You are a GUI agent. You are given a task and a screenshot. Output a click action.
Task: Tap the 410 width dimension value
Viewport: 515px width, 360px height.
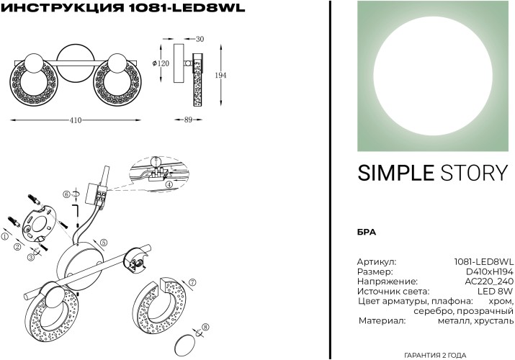[75, 120]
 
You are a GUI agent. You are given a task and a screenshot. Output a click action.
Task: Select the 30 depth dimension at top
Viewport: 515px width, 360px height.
[200, 39]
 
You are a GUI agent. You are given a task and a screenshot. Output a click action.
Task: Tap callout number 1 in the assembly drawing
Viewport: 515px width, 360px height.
[6, 236]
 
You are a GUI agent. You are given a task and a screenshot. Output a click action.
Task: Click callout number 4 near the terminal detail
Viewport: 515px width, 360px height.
[169, 184]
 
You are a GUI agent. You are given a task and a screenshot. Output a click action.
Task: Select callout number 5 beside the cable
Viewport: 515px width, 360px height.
[104, 243]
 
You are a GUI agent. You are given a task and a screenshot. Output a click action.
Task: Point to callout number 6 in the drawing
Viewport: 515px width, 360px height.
[66, 194]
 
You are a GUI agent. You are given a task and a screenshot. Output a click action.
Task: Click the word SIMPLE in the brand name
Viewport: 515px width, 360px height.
[395, 173]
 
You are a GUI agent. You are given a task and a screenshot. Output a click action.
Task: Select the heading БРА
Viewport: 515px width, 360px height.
[366, 232]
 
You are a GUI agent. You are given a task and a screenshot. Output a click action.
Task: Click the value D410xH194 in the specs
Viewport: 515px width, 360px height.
[490, 271]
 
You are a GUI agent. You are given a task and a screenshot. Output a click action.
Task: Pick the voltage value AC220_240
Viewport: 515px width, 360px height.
[489, 282]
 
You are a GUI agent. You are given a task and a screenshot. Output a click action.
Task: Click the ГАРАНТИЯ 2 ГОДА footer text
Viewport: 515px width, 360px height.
[435, 355]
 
